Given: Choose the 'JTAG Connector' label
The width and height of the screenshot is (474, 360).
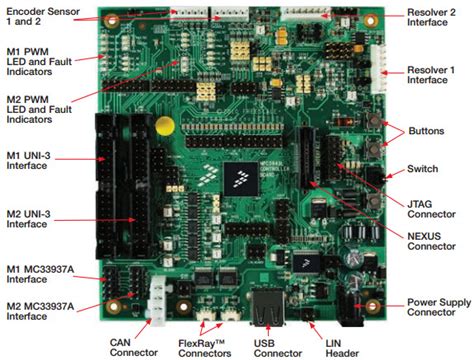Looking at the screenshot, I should pos(435,207).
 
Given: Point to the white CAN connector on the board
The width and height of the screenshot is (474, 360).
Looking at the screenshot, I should pos(155,298).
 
